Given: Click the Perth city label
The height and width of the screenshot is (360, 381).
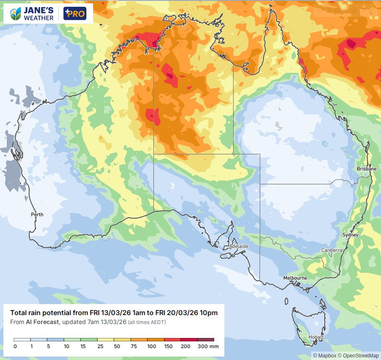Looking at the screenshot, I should pyautogui.click(x=37, y=215).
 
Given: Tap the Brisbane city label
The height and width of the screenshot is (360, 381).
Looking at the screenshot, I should pyautogui.click(x=366, y=169).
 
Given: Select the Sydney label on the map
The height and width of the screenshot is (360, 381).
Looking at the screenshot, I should pyautogui.click(x=350, y=235).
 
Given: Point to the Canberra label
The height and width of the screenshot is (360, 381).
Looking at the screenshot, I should pyautogui.click(x=331, y=250).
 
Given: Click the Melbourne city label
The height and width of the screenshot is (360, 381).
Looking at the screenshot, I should pyautogui.click(x=295, y=278).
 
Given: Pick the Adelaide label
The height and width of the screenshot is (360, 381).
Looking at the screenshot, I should pyautogui.click(x=238, y=246).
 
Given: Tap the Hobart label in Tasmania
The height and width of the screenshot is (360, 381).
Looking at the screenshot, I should pyautogui.click(x=316, y=337).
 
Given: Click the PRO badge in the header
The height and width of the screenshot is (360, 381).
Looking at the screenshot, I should pyautogui.click(x=75, y=14).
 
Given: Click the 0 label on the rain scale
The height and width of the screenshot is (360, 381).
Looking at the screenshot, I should pyautogui.click(x=15, y=346).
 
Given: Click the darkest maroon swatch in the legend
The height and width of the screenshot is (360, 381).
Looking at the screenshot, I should pyautogui.click(x=206, y=340).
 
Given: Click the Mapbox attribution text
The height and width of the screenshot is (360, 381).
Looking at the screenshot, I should pyautogui.click(x=323, y=355).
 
